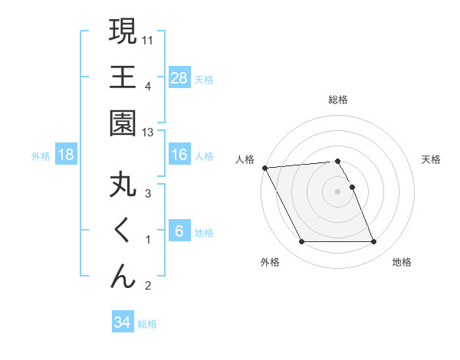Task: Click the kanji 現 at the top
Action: coord(123,32)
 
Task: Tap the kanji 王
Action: coord(123,79)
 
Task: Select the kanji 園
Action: coord(123,125)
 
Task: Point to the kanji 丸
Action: coord(123,186)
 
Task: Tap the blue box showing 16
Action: coord(179,155)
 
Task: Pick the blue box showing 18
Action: coord(66,155)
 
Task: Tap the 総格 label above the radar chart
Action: coord(337,100)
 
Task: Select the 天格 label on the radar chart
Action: coord(432,159)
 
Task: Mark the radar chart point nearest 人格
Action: coord(264,168)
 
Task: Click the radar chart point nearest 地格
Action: coord(373,242)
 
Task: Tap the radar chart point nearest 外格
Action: coord(301,242)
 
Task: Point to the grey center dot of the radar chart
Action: coord(337,191)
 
